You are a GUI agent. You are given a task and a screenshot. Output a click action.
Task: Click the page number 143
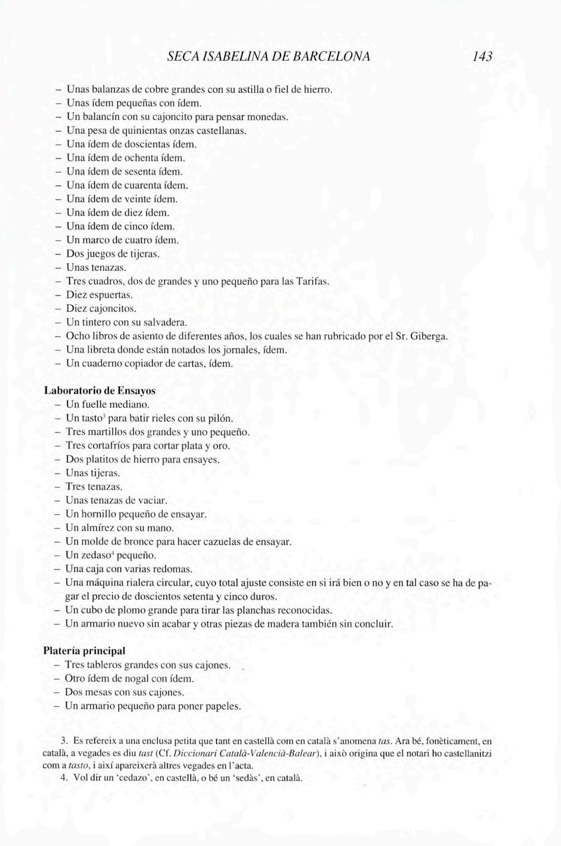[x=482, y=57]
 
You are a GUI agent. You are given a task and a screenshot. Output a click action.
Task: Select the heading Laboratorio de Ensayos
[x=99, y=391]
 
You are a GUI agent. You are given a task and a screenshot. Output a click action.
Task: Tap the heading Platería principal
[x=84, y=651]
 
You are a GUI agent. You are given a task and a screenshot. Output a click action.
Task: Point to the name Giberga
[x=428, y=336]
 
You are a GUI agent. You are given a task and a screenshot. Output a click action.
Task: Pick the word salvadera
[x=164, y=322]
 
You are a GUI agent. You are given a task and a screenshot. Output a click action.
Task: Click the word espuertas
[x=112, y=295]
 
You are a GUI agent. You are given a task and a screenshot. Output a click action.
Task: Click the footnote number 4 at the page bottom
[x=63, y=778]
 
